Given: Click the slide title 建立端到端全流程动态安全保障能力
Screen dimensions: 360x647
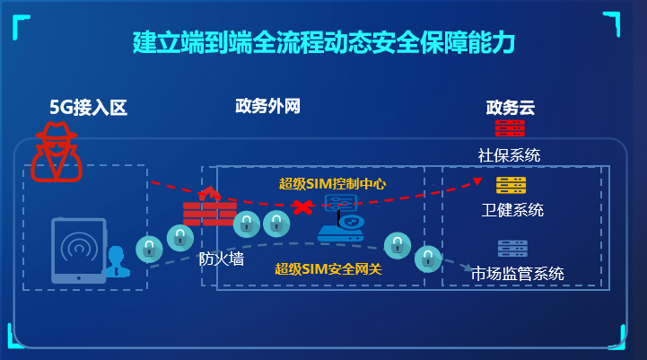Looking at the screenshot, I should tap(323, 41).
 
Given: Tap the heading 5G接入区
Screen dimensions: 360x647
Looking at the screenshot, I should tap(89, 109).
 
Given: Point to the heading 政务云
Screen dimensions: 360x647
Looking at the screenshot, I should tap(510, 109).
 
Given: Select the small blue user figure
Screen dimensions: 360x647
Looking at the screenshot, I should tap(116, 260).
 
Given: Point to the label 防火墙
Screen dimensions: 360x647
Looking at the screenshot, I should tap(221, 259).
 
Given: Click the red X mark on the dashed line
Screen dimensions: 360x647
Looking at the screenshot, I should tap(307, 208).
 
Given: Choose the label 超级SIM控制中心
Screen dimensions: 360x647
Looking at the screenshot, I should tap(332, 184).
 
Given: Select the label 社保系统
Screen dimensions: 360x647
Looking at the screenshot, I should tap(509, 154).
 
